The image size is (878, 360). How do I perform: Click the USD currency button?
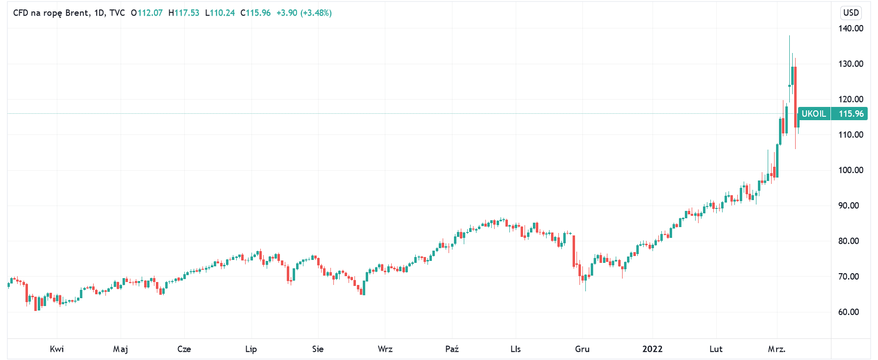[x=851, y=13]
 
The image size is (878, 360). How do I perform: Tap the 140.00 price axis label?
[x=851, y=28]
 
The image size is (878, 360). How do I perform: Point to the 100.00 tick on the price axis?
[x=851, y=170]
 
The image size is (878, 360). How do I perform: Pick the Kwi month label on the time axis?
[x=57, y=349]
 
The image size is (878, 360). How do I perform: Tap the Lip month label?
[x=251, y=349]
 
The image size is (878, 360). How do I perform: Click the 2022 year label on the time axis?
[x=652, y=349]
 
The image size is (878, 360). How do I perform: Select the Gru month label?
[x=582, y=349]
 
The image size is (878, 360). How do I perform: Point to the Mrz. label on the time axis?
[x=777, y=349]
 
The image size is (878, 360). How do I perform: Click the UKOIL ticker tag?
[x=814, y=114]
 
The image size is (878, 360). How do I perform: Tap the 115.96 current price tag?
[x=851, y=114]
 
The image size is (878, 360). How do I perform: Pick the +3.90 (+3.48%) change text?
[x=304, y=13]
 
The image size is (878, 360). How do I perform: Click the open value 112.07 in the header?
[x=150, y=13]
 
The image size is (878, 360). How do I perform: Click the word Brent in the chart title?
[x=76, y=13]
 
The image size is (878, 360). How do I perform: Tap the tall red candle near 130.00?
[x=796, y=96]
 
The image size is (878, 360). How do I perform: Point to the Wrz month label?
[x=385, y=349]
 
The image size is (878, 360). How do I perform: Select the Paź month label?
[x=452, y=349]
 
